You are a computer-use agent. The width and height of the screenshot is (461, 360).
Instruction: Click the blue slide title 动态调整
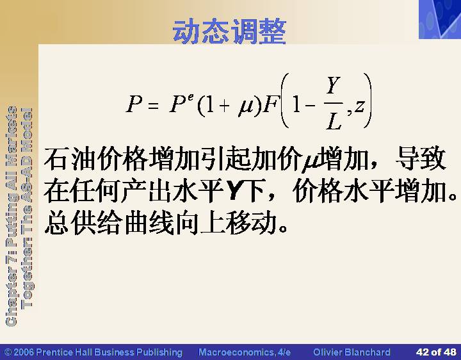click(229, 31)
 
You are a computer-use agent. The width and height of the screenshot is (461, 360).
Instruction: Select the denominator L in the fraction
click(334, 121)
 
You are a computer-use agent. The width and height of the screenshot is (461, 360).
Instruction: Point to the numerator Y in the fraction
click(334, 85)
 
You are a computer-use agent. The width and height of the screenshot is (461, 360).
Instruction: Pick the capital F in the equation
click(270, 104)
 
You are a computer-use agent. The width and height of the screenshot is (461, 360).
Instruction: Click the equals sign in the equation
click(153, 105)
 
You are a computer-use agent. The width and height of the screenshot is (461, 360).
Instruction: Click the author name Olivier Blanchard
click(352, 352)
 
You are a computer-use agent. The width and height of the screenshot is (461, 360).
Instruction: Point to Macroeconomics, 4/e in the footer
click(245, 352)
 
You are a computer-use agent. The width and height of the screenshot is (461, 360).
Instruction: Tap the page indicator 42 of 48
click(436, 352)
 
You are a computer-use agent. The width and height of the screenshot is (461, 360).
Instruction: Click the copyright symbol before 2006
click(8, 352)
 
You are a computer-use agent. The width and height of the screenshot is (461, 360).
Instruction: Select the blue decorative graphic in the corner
click(440, 19)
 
